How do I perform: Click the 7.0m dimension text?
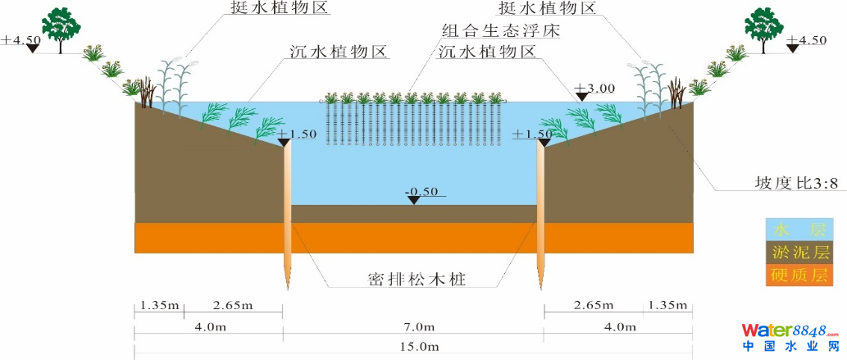pyautogui.click(x=414, y=327)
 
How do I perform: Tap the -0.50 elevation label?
pyautogui.click(x=421, y=192)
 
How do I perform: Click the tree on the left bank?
pyautogui.click(x=61, y=27)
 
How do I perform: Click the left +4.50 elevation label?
pyautogui.click(x=20, y=39)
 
